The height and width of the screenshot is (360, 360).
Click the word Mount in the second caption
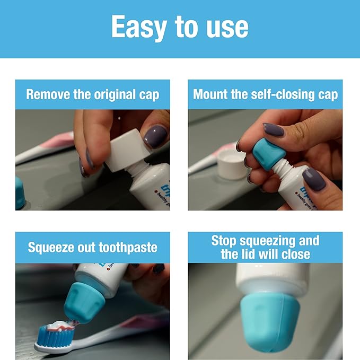(x=211, y=95)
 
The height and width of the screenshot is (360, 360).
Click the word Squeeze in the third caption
(x=51, y=247)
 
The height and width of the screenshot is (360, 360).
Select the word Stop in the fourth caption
(x=223, y=241)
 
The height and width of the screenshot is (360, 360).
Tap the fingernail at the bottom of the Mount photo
(x=314, y=179)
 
